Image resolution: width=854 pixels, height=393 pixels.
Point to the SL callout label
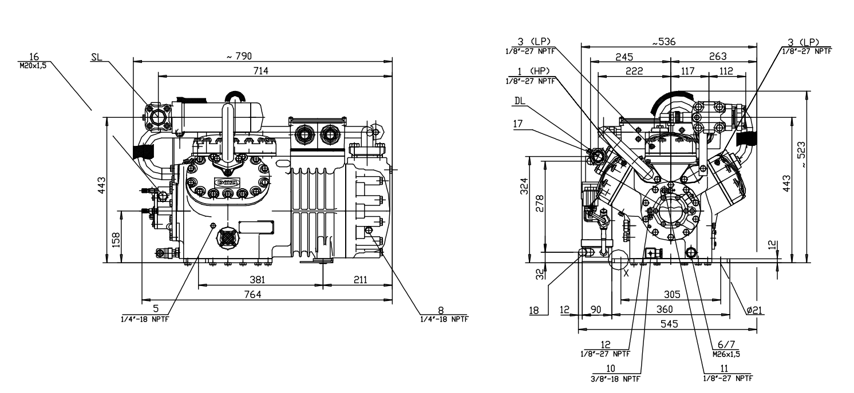pyautogui.click(x=96, y=58)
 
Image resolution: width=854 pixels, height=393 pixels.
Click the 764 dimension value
pyautogui.click(x=266, y=294)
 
